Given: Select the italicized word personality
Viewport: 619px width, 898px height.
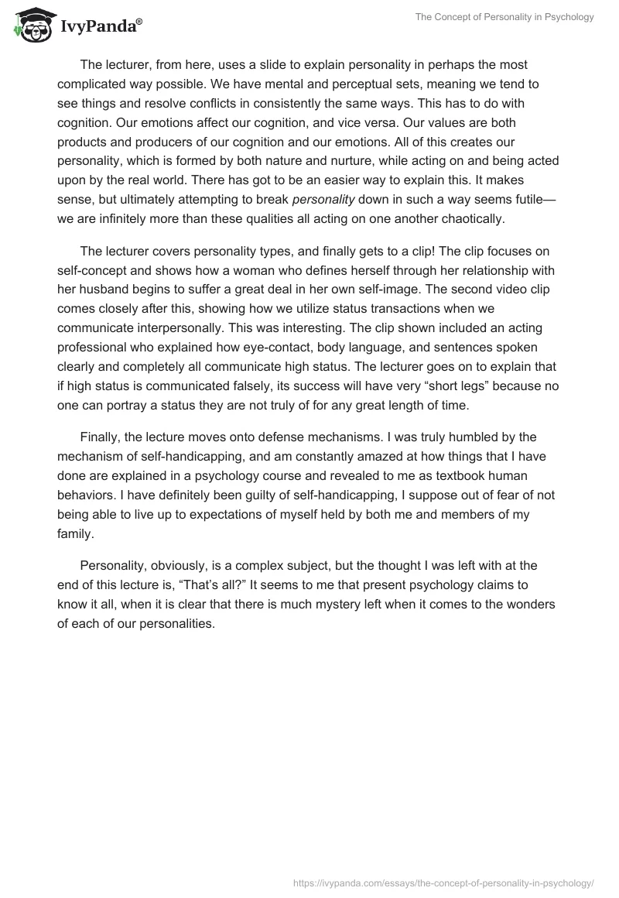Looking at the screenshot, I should tap(323, 199).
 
